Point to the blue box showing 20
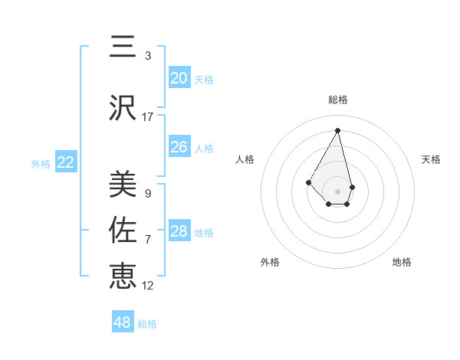179,78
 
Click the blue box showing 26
179,147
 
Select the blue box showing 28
179,231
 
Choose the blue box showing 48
123,322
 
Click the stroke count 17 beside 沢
148,117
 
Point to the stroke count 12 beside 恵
148,286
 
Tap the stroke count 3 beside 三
148,56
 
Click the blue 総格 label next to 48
147,324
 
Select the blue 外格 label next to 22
41,163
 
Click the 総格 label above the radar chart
337,100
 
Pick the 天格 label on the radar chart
431,159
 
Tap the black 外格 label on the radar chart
270,262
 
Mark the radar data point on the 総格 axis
337,130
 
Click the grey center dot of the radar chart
337,190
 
